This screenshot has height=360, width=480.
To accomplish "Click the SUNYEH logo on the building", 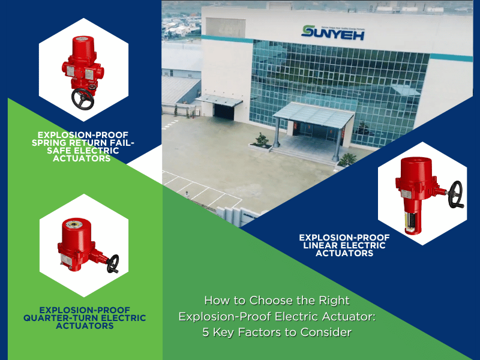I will pos(332,31).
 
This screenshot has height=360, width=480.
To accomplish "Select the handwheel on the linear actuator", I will pos(455,193).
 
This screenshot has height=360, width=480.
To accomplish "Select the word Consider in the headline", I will pos(329,332).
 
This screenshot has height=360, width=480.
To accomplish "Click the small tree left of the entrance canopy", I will pos(262,140).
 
